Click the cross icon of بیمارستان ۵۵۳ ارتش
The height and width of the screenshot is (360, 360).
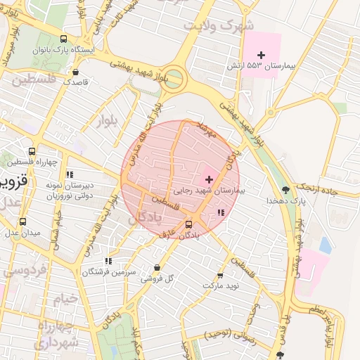tap(262, 55)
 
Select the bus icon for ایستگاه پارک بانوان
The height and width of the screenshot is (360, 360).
tap(64, 40)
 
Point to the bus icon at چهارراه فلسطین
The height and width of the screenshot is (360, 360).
tap(32, 151)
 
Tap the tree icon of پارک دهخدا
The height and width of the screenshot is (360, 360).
tap(285, 190)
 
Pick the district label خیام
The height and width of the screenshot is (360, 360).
tap(63, 300)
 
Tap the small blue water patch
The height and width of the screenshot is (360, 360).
tap(325, 245)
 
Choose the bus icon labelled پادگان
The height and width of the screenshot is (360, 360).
tap(188, 224)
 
